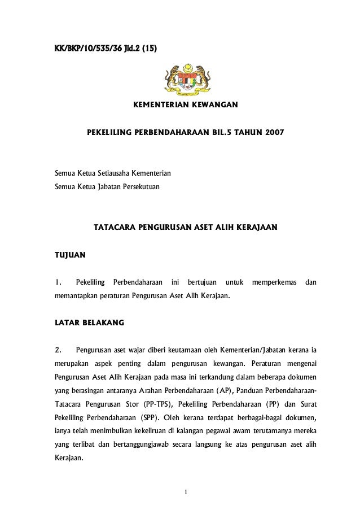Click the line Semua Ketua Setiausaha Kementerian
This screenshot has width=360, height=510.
(x=112, y=172)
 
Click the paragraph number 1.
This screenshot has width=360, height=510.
(x=57, y=281)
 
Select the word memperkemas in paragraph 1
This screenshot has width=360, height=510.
(x=274, y=281)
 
